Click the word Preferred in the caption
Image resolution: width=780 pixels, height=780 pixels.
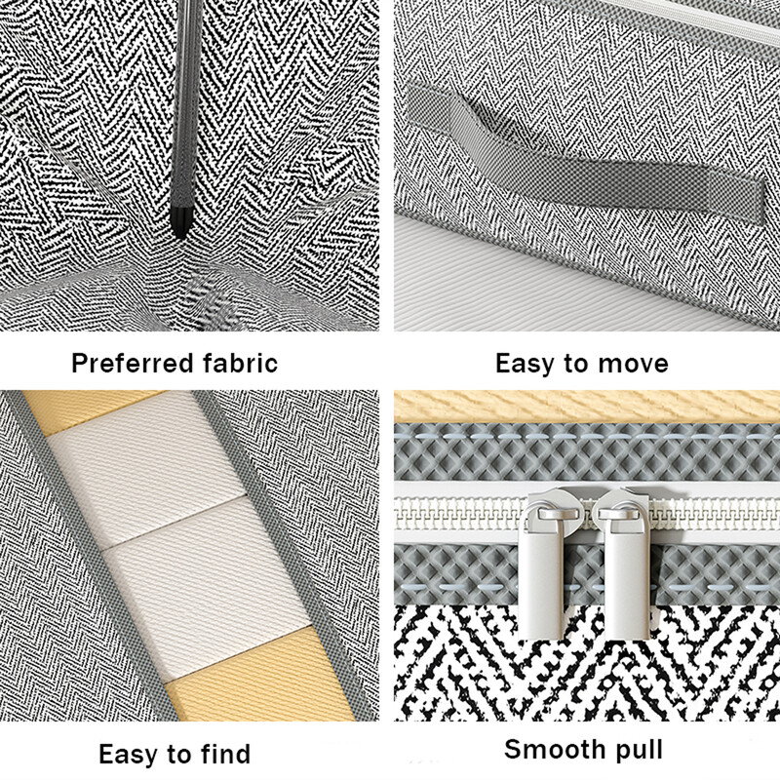pyautogui.click(x=133, y=364)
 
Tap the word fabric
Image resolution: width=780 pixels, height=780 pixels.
pyautogui.click(x=240, y=363)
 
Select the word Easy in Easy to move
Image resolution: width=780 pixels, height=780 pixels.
pyautogui.click(x=525, y=364)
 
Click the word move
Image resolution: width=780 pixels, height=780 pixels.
pyautogui.click(x=633, y=364)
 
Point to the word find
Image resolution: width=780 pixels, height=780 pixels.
pyautogui.click(x=225, y=753)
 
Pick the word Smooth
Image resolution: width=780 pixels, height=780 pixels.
pyautogui.click(x=555, y=749)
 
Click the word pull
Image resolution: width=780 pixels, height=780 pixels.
pyautogui.click(x=639, y=751)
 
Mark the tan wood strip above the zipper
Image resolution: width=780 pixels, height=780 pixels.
pyautogui.click(x=587, y=406)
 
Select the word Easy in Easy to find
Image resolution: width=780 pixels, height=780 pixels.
pyautogui.click(x=128, y=755)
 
